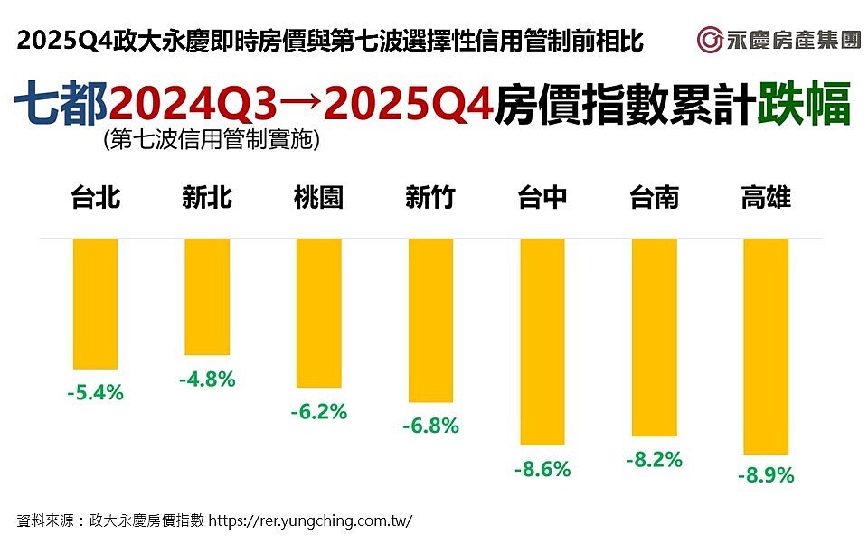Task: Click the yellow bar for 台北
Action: [95, 304]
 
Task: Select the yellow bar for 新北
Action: [207, 296]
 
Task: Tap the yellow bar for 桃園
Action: [318, 313]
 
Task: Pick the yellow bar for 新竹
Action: [430, 320]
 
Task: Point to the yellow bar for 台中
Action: [542, 342]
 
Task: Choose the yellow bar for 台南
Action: [654, 337]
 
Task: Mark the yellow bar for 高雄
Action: [765, 346]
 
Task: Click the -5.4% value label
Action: [95, 393]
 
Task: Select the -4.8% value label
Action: [207, 380]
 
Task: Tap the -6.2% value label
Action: [318, 412]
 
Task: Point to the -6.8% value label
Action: [430, 425]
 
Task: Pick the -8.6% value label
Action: [542, 470]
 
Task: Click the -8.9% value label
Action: [765, 475]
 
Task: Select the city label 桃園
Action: [318, 198]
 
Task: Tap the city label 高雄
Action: [765, 198]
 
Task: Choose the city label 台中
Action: [542, 198]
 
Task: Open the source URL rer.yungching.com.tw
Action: [311, 521]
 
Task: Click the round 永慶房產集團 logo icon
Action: [709, 40]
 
